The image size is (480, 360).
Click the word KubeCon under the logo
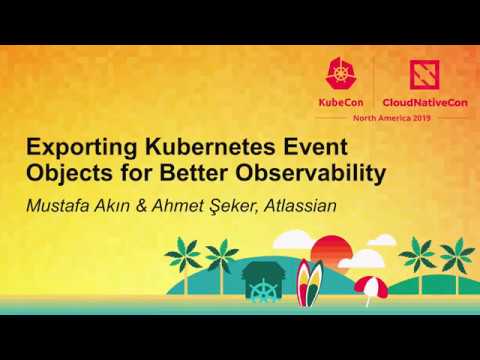[x=342, y=102]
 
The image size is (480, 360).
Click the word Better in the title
[x=191, y=174]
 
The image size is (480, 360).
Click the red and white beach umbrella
[x=370, y=288]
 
